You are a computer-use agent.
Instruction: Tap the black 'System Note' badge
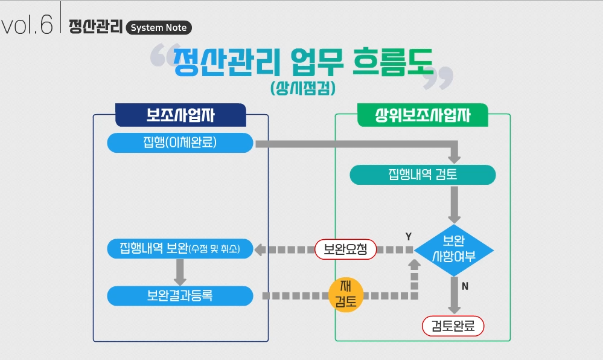click(x=159, y=28)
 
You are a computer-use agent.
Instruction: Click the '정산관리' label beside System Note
click(x=96, y=27)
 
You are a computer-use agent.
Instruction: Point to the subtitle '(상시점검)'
click(x=303, y=88)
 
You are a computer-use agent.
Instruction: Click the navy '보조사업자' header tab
click(x=180, y=115)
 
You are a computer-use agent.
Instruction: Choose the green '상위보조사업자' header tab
click(x=423, y=115)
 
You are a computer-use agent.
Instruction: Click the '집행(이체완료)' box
click(x=180, y=143)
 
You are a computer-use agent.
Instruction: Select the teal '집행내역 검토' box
click(x=423, y=175)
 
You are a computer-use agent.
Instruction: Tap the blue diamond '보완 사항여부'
click(x=454, y=249)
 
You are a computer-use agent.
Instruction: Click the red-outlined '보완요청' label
click(x=345, y=249)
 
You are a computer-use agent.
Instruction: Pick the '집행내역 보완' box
click(x=180, y=249)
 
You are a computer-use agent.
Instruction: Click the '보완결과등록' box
click(x=180, y=296)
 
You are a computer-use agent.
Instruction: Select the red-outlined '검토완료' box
click(x=453, y=327)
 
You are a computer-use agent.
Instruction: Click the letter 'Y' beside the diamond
click(x=409, y=237)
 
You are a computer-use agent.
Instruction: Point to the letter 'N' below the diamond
click(x=465, y=286)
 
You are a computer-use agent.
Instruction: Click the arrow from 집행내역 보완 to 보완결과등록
click(x=180, y=272)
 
